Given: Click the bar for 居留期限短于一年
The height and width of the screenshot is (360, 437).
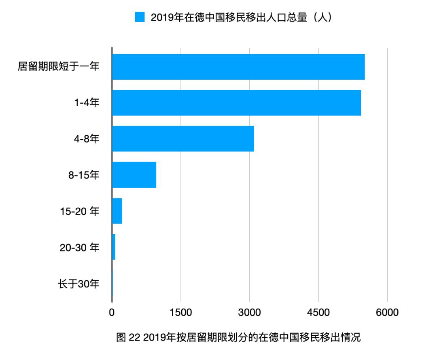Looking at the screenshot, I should (238, 67).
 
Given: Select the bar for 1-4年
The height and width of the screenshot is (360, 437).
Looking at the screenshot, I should (236, 103).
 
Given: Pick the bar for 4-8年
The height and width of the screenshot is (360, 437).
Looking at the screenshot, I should (183, 139).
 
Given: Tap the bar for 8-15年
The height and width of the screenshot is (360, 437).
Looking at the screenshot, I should (134, 175).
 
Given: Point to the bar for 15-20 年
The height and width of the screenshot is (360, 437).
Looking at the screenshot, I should (117, 211).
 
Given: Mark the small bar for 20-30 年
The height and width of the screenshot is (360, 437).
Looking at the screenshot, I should (114, 247).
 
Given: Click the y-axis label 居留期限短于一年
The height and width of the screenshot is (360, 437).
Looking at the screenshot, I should (59, 67).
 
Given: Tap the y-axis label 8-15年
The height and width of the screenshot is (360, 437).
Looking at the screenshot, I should (83, 175).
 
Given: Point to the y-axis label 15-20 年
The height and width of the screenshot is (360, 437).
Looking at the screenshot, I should (79, 211).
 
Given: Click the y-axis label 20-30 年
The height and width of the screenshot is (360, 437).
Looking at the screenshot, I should (79, 247).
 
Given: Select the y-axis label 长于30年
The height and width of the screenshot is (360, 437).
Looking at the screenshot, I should (79, 283).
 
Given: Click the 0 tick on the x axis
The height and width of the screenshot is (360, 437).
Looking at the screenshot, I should (112, 313).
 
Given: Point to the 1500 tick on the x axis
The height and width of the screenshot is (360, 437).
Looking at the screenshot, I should (181, 313).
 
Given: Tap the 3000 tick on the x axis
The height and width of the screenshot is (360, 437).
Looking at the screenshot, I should (250, 313).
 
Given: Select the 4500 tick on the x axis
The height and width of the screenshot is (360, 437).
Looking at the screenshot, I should (319, 313).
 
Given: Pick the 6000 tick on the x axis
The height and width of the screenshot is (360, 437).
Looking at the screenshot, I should (388, 313).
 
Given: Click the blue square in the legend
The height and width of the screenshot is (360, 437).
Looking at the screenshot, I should (140, 17).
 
